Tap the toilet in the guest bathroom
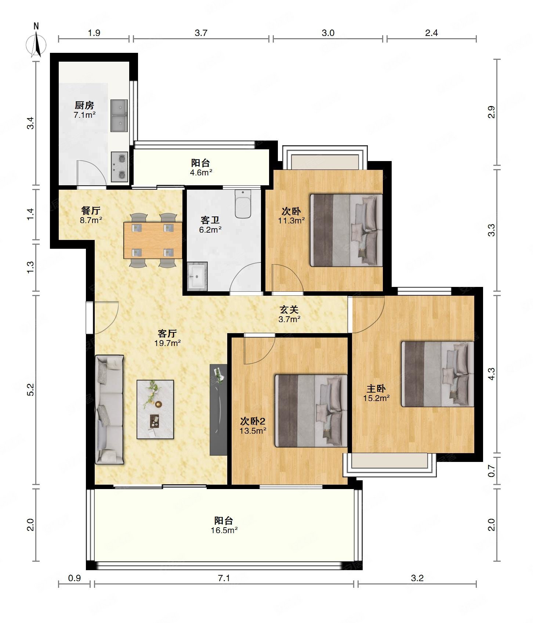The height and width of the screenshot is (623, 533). pyautogui.click(x=243, y=204)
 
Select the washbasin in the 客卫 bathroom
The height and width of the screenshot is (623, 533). pyautogui.click(x=197, y=276)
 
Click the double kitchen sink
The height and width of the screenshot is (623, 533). pyautogui.click(x=119, y=116)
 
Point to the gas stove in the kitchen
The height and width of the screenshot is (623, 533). pyautogui.click(x=120, y=167)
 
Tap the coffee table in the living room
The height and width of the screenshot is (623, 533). pyautogui.click(x=155, y=409)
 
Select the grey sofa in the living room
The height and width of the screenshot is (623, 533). pyautogui.click(x=109, y=409)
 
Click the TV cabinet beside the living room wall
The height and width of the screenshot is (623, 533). pyautogui.click(x=218, y=410)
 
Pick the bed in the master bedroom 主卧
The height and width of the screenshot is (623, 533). pyautogui.click(x=438, y=374)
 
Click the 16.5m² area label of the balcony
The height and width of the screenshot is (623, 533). pyautogui.click(x=224, y=530)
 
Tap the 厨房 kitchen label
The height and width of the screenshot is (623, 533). pyautogui.click(x=84, y=106)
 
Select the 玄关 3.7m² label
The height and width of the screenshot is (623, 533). pyautogui.click(x=290, y=314)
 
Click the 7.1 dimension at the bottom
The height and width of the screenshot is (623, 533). pyautogui.click(x=224, y=578)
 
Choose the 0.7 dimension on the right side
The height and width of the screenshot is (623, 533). pyautogui.click(x=492, y=471)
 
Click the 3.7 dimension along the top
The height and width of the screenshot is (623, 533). pyautogui.click(x=201, y=33)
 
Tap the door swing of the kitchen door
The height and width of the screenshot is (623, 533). pyautogui.click(x=92, y=174)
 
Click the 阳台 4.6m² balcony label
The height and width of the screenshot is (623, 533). pyautogui.click(x=201, y=167)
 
